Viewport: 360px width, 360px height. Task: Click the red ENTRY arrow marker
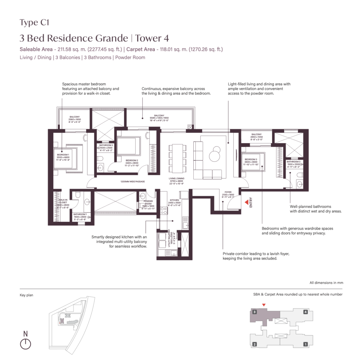point(246,203)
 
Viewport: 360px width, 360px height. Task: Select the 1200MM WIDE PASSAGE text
point(132,182)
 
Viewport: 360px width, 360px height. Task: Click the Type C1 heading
point(34,23)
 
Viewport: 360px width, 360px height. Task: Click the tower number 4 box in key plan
point(306,312)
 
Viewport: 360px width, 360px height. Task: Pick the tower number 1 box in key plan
point(306,344)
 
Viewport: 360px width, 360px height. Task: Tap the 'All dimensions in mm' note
point(326,283)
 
